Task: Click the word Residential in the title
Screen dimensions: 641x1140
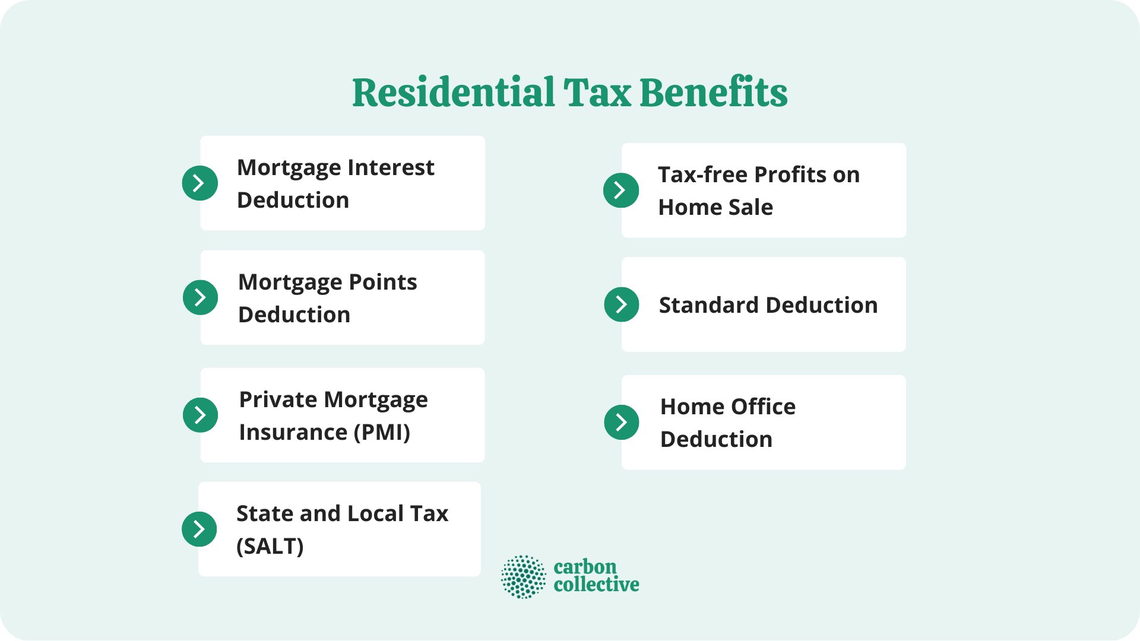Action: coord(453,93)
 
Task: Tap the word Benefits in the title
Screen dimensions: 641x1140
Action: coord(713,93)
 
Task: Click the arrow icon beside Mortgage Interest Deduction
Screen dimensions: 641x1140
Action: coord(200,183)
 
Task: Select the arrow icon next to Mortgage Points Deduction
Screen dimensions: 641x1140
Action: coord(201,297)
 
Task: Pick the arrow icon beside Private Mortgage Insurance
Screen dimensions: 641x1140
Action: coord(201,415)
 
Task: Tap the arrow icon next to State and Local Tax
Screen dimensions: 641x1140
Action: coord(199,529)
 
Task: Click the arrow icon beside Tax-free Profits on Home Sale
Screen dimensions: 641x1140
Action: coord(621,190)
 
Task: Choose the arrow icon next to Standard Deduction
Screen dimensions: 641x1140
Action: coord(622,304)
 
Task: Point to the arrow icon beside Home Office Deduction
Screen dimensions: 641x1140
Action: coord(622,422)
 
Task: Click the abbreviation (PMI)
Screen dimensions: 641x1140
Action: coord(382,433)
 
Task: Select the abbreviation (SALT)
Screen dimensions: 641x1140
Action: coord(270,547)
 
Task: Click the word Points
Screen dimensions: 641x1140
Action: coord(383,283)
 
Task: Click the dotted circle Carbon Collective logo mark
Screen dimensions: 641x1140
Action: coord(523,576)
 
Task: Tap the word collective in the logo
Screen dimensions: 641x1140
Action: coord(596,585)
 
